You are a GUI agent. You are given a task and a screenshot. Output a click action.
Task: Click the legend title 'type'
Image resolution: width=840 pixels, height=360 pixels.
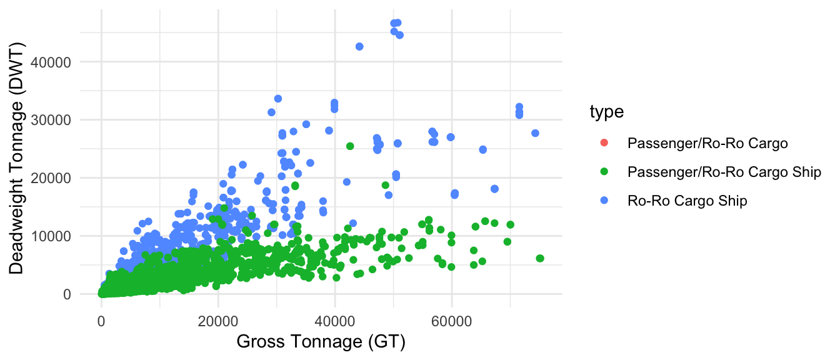[606, 112]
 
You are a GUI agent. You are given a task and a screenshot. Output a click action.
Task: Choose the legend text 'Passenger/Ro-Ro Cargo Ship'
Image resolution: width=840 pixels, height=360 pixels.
[724, 172]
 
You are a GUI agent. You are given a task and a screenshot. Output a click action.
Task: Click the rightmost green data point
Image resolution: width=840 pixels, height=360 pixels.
[540, 258]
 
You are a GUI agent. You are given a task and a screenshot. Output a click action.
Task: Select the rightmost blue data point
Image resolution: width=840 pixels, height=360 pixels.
[535, 133]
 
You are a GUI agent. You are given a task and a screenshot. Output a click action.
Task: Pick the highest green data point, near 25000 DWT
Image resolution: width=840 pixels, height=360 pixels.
[350, 146]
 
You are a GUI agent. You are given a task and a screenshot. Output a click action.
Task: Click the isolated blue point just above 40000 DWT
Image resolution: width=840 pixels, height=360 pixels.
[359, 47]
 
